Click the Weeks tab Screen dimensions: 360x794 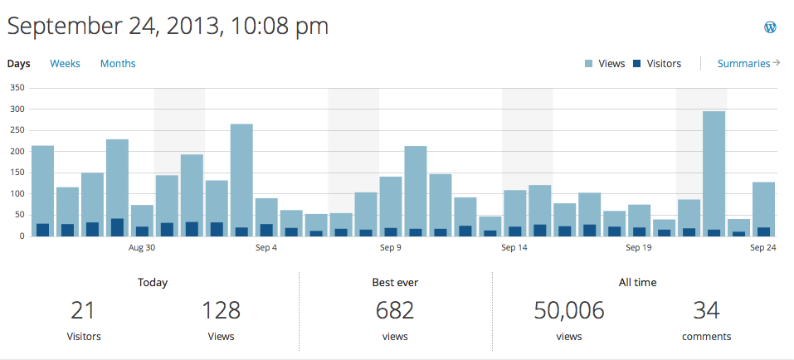coord(65,64)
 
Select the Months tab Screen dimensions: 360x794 coord(118,64)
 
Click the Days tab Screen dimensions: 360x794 coord(18,64)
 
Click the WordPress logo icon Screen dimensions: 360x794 coord(770,27)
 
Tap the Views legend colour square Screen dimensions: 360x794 coord(589,64)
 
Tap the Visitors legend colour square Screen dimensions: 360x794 coord(637,64)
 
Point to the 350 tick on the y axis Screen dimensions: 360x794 coord(17,88)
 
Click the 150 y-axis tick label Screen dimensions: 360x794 coord(17,173)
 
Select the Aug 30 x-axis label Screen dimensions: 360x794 coord(142,247)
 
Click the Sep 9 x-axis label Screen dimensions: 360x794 coord(391,247)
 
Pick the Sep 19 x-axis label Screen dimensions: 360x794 coord(638,247)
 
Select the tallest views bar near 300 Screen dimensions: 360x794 coord(714,166)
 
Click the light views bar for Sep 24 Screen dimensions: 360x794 coord(763,203)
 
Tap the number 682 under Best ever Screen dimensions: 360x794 coord(395,311)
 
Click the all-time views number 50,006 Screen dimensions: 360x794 coord(568,311)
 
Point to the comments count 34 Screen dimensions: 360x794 coord(706,311)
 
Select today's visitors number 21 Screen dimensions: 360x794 coord(82,311)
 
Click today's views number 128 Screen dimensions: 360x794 coord(221,311)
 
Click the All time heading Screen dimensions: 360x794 coord(637,283)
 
